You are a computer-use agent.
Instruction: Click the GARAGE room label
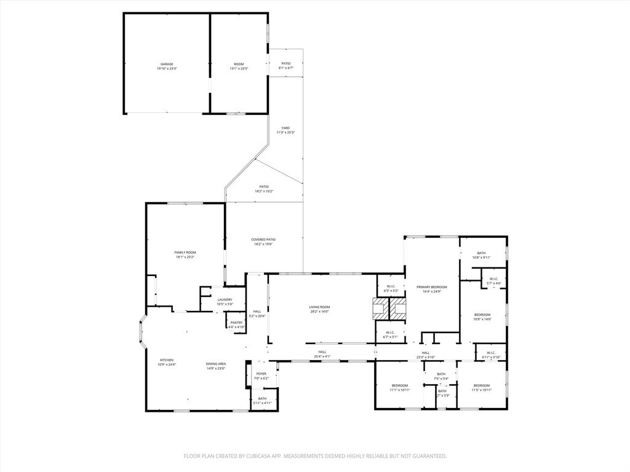[167, 65]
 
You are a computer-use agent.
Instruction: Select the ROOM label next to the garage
[239, 65]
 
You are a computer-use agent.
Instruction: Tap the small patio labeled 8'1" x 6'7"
[286, 66]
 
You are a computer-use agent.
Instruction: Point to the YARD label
[285, 128]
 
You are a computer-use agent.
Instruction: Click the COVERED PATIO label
[263, 240]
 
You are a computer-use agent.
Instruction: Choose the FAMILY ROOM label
[185, 253]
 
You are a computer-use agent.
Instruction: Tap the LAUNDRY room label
[225, 300]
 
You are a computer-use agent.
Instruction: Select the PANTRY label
[237, 323]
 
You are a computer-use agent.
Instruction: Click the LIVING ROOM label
[319, 307]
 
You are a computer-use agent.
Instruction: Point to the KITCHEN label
[167, 360]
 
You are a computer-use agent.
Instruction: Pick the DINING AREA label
[216, 364]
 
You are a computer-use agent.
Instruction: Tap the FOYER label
[261, 374]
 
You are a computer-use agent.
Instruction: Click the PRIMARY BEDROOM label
[431, 287]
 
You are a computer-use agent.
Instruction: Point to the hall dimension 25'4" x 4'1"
[322, 356]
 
